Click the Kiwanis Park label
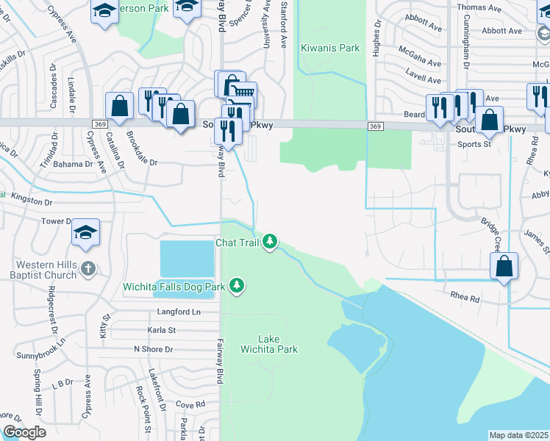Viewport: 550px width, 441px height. point(330,48)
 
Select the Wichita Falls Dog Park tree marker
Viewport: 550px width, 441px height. point(236,284)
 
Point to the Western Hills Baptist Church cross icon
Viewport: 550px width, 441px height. point(87,268)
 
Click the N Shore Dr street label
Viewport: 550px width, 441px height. point(153,348)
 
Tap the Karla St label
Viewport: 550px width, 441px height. point(161,331)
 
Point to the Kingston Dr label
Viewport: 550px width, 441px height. point(32,201)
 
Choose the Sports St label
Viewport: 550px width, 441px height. point(474,144)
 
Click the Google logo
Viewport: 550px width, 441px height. point(24,432)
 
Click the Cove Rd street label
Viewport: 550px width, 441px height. point(190,405)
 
